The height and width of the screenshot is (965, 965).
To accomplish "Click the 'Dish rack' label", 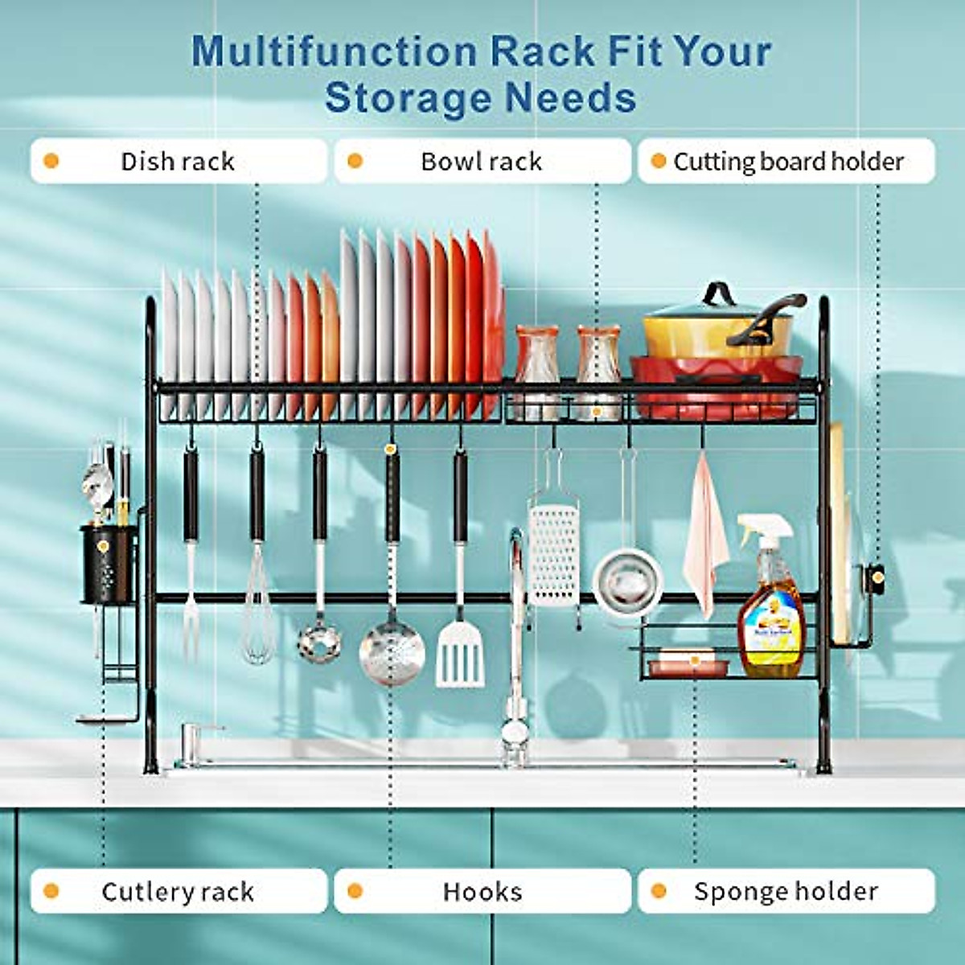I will coord(178,162).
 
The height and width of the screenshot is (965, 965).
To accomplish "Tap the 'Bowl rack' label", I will coord(481,162).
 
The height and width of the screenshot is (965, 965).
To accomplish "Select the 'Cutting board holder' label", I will coord(788,162).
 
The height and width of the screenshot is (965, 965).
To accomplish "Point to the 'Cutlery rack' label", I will coord(178,891).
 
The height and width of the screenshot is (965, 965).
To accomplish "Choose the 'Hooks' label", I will coord(482,891).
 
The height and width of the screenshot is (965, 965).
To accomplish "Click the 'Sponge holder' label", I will coord(786,891).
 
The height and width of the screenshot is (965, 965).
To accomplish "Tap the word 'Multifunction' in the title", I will coord(334,51).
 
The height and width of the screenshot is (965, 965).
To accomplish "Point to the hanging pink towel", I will coord(705,539).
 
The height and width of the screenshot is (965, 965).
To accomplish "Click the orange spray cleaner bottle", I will coord(770,611).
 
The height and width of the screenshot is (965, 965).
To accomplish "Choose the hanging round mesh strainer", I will coord(628,576).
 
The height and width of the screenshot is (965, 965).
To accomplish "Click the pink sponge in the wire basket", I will coord(684,664).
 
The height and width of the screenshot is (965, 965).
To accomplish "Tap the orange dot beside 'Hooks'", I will coord(355,891).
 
